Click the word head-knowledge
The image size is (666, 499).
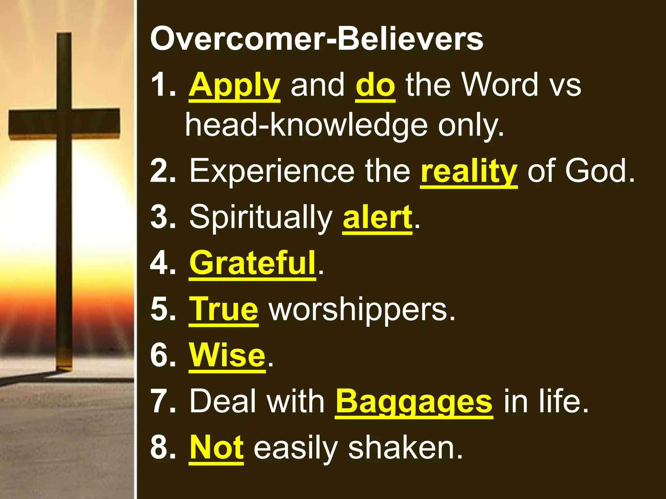pos(306,125)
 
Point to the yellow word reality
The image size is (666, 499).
pos(469,171)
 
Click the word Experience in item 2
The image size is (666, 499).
pos(272,171)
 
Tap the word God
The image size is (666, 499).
pos(600,171)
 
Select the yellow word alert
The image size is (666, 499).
pos(378,217)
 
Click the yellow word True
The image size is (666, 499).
pos(224,309)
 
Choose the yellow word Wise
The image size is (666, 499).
pos(227,355)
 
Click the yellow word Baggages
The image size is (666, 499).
pos(414,402)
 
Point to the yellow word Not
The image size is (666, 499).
pos(217,448)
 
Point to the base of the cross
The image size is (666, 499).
pos(64,364)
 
